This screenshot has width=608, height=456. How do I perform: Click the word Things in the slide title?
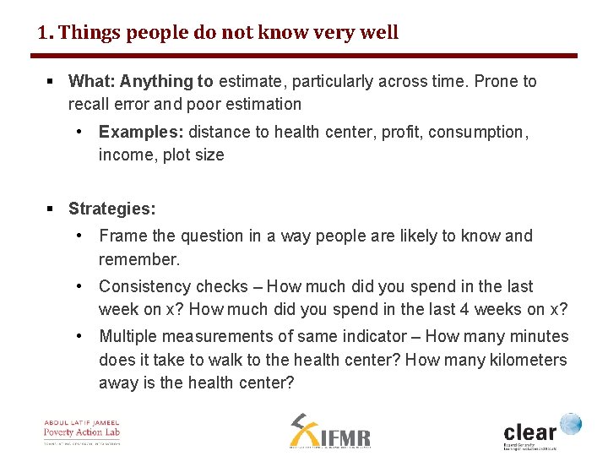(x=89, y=33)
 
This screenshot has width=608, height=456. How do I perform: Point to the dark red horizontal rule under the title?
(x=304, y=56)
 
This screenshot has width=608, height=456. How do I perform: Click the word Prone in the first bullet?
(x=497, y=82)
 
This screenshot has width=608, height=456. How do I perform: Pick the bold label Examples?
(x=141, y=133)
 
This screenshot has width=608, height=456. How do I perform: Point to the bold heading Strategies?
(x=111, y=209)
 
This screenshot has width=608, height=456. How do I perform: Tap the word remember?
(x=139, y=259)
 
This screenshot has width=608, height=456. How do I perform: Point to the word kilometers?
(x=525, y=360)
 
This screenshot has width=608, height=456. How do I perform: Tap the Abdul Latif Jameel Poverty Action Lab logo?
(x=82, y=431)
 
